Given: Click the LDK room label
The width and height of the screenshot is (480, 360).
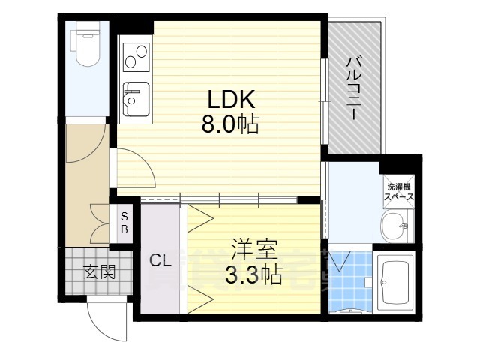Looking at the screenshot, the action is [232, 99].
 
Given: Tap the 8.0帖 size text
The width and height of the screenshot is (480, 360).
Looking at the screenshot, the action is [230, 124].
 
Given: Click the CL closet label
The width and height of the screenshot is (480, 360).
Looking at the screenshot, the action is [160, 261].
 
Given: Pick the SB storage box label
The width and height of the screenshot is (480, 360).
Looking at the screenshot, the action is [124, 223].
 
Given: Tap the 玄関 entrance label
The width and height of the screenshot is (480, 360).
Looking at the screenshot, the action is [100, 271].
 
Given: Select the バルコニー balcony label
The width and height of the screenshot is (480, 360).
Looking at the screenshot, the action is [352, 88].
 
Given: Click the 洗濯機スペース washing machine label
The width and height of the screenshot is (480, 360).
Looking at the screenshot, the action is [399, 192].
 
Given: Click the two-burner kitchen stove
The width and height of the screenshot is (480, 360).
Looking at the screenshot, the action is [136, 58].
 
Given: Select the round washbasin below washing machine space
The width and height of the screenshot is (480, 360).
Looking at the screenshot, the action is [395, 226].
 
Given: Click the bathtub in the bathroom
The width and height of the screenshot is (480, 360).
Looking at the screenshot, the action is [395, 282].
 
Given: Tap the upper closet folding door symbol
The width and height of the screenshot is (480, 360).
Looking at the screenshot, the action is [200, 218].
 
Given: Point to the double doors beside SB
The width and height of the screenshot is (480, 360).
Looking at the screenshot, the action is [100, 223].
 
